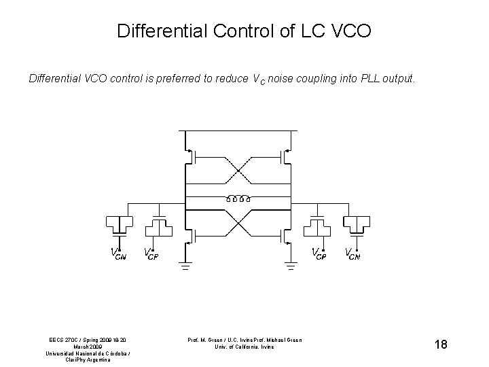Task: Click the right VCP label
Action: point(319,254)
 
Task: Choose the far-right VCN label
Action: point(352,254)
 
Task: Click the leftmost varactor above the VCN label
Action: point(119,224)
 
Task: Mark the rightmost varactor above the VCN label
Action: point(356,224)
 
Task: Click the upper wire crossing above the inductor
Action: point(238,173)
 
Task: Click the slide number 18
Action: point(440,345)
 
